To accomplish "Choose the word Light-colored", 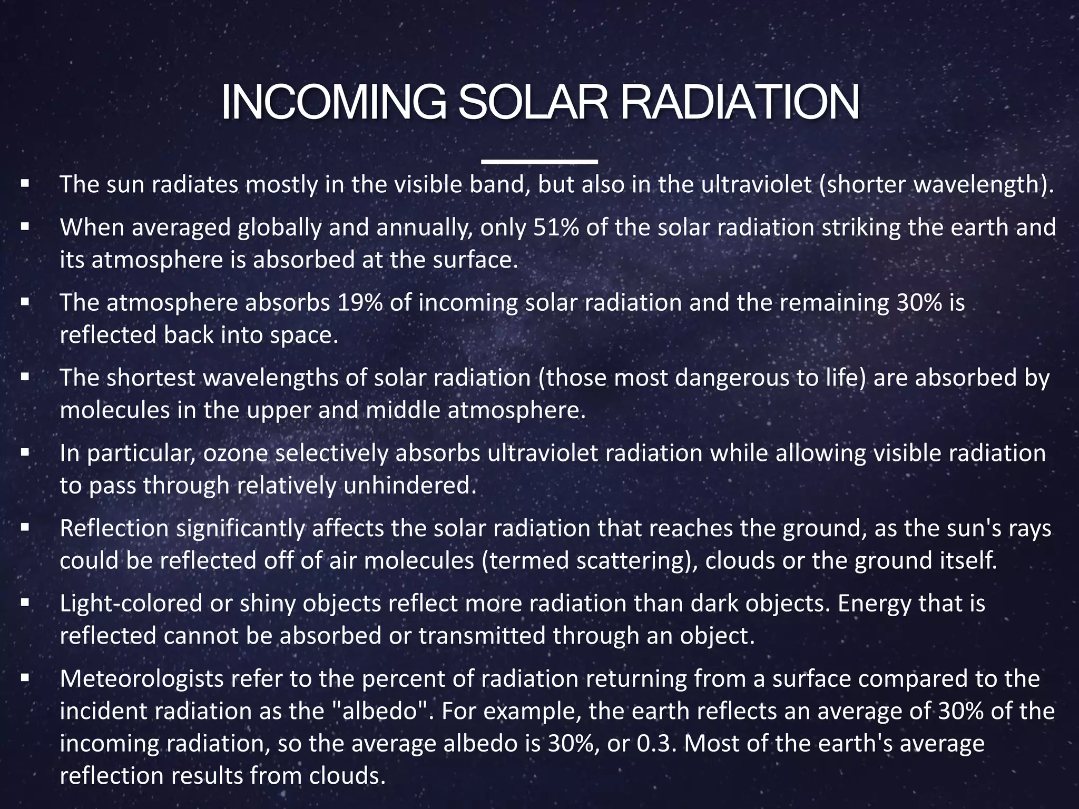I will pyautogui.click(x=131, y=604).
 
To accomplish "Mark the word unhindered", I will pyautogui.click(x=409, y=486).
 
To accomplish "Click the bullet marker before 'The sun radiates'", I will pyautogui.click(x=25, y=185).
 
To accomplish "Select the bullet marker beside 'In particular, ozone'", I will pyautogui.click(x=25, y=453).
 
